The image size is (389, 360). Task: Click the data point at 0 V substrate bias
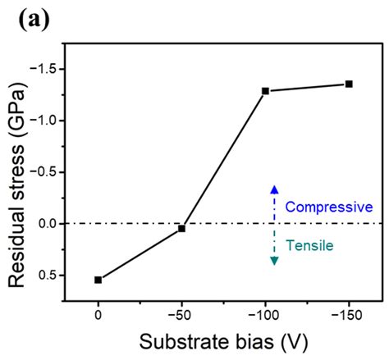[98, 280]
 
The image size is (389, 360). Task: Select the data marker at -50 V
[181, 229]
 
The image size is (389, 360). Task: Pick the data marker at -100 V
[265, 90]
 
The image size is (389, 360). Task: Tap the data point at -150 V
[349, 84]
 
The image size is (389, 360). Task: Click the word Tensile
[305, 244]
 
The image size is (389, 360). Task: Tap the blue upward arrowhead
[275, 189]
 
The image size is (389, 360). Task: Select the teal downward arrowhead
[275, 260]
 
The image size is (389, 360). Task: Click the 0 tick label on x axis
[98, 316]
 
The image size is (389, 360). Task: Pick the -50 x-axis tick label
[181, 316]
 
